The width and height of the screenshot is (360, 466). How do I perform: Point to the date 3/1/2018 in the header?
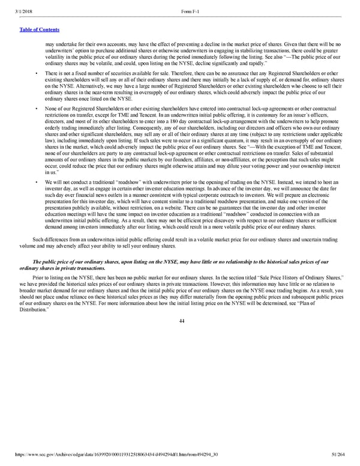(x=16, y=5)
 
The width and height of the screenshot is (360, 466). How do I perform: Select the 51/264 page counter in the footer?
(x=344, y=461)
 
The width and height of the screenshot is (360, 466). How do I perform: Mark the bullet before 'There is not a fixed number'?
(x=37, y=74)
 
